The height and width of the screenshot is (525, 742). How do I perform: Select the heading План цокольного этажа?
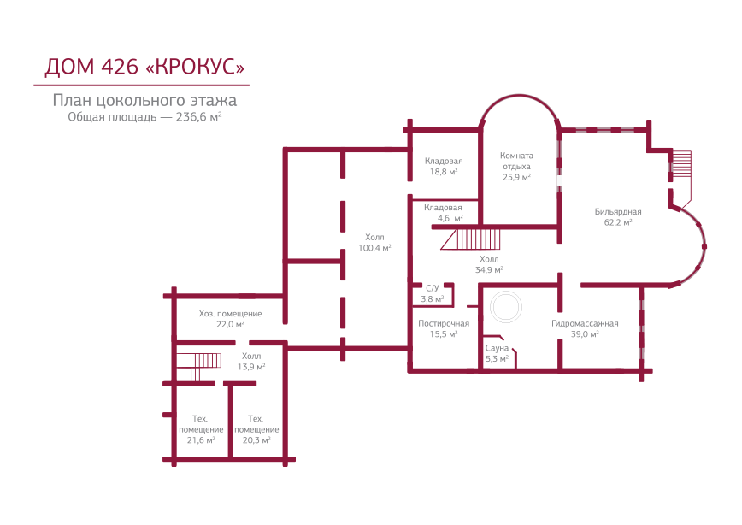point(144,100)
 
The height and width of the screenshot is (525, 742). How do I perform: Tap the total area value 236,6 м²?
point(199,117)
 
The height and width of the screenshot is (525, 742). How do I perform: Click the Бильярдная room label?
point(618,211)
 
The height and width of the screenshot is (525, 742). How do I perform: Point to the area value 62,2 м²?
point(618,222)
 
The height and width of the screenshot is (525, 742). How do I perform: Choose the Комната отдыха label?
point(516,161)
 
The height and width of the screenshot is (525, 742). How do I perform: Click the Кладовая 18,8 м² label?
point(444,166)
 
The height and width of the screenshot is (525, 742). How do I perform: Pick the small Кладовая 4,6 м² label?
point(443,213)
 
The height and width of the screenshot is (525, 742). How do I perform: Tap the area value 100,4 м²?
point(374,249)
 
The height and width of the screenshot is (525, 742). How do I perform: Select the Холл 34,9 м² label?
point(489,264)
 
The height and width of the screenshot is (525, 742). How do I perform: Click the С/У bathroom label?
point(432,288)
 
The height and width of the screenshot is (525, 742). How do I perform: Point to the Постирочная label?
point(444,324)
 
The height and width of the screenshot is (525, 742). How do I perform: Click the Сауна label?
point(498,349)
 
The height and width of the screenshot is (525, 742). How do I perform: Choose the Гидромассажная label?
point(585,324)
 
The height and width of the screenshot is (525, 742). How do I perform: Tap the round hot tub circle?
point(503,308)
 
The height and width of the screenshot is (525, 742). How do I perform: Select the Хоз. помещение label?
point(230,314)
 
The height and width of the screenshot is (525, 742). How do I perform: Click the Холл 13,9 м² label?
point(251,361)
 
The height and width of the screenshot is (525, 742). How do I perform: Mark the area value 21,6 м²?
point(201,440)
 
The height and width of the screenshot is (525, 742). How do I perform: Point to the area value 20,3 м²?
point(256,440)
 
